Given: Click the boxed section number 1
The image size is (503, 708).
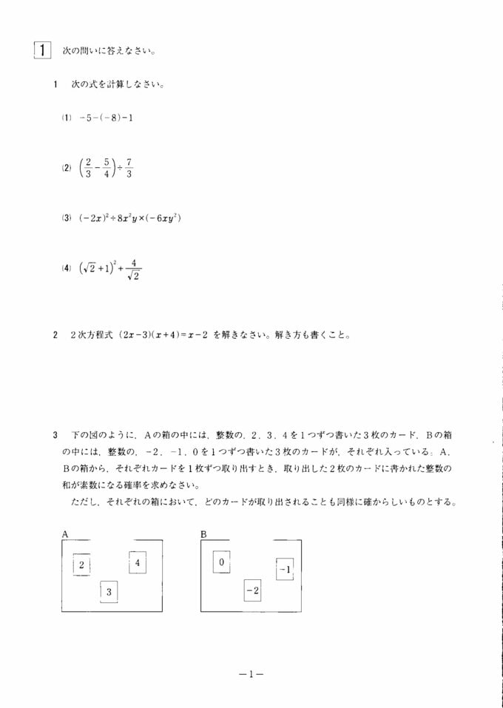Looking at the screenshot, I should [x=42, y=50].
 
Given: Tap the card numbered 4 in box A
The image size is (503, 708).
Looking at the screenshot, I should [x=138, y=562].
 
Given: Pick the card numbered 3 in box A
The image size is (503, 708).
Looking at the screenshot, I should [x=109, y=592].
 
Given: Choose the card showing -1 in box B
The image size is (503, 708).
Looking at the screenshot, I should [x=285, y=569].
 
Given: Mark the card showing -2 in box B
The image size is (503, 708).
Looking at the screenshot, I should [x=252, y=590].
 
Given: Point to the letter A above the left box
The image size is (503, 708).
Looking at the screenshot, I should [x=65, y=533].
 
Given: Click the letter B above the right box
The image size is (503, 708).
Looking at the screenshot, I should [x=203, y=533].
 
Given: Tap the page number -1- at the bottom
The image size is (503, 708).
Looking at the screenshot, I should [x=251, y=674].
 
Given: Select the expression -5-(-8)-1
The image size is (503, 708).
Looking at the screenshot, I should [x=106, y=118].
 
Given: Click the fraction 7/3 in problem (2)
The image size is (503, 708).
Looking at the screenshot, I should [x=129, y=168].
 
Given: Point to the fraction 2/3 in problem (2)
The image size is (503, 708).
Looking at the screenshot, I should [x=87, y=168].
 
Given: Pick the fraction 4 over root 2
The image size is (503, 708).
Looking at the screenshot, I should [x=134, y=269].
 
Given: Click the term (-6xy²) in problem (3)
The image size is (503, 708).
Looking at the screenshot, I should [x=162, y=218].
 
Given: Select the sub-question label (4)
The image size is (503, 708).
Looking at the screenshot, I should [x=66, y=269].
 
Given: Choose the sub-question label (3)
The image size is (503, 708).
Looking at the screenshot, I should [x=66, y=218].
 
